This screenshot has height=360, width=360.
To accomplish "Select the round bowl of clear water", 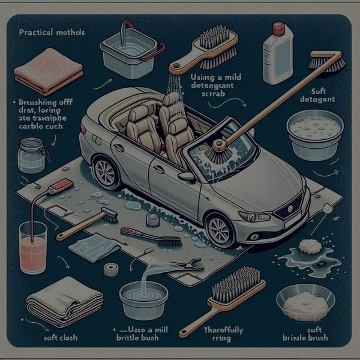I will coord(142,297).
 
